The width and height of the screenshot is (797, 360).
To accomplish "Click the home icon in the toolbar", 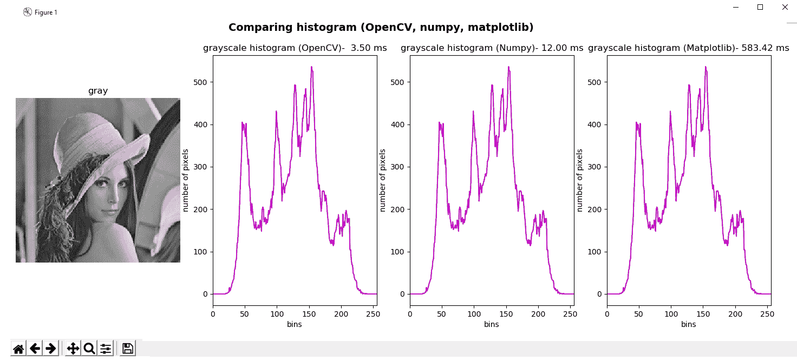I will pos(18,348).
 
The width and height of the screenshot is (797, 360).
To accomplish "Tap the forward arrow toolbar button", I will pos(51,348).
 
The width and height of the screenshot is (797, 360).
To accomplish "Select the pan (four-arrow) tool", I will pos(73,348).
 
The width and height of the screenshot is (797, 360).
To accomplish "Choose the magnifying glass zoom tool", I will pos(89,348).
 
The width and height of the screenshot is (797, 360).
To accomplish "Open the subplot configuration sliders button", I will pos(106,348).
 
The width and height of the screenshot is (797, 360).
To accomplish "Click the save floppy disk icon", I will pos(128,348).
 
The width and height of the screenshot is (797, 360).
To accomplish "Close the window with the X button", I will pos(785,7).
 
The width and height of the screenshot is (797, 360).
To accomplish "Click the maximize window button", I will pos(760,7).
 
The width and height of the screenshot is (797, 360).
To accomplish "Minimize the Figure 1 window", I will pos(736,7).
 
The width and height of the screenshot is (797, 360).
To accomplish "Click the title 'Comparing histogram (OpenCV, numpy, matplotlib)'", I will pos(381,28).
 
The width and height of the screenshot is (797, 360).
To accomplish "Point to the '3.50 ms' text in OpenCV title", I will pos(369,48).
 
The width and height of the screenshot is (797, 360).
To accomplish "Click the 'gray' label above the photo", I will pos(98,91).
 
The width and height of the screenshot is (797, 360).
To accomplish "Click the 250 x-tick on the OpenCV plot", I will pos(373,314).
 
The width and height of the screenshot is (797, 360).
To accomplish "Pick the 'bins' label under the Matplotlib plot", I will pos(689,324).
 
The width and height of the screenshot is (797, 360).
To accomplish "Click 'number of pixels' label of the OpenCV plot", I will pos(186,180).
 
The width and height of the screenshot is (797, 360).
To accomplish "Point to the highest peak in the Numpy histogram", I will pos(508,67).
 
